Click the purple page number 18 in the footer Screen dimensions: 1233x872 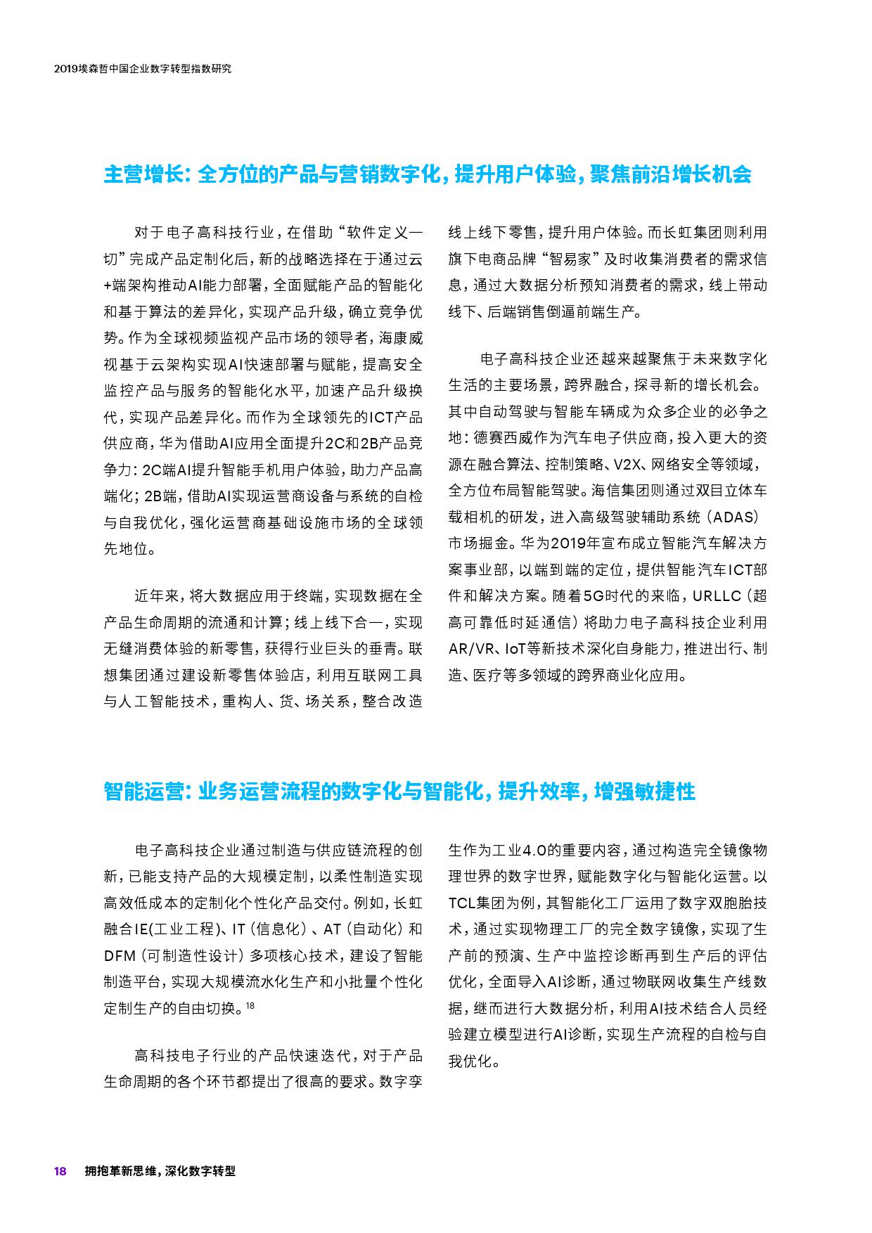(60, 1171)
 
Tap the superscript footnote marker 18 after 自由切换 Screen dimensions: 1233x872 (251, 1006)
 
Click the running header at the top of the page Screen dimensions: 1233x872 (143, 70)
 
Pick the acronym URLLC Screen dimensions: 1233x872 (717, 596)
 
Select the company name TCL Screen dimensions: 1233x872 (463, 903)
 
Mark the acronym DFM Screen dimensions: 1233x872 (119, 955)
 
